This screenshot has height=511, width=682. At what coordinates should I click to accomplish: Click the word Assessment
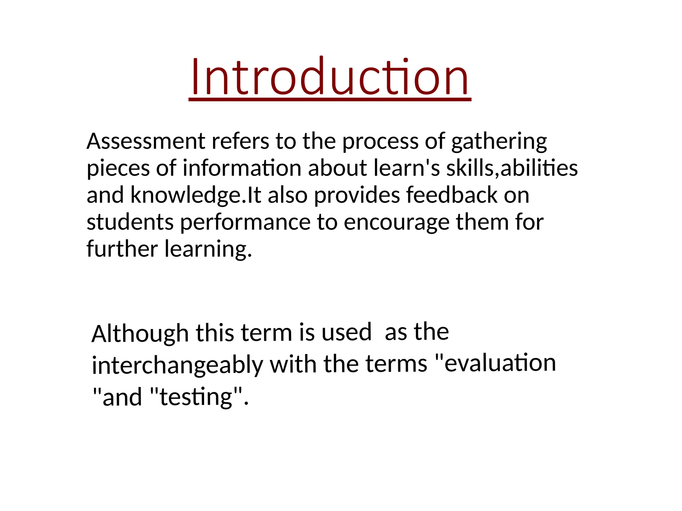[x=146, y=141]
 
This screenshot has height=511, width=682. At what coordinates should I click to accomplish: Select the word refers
[x=240, y=141]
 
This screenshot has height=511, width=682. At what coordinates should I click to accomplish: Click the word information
[x=242, y=168]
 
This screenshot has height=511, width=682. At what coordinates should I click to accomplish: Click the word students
[x=130, y=222]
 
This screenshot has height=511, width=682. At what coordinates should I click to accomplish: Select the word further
[x=122, y=249]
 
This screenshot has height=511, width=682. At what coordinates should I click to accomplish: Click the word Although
[x=140, y=334]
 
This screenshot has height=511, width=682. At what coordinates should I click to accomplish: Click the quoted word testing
[x=196, y=397]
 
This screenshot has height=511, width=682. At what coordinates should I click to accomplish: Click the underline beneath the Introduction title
[x=330, y=99]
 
